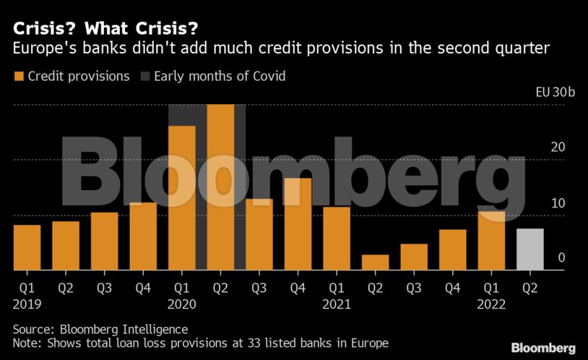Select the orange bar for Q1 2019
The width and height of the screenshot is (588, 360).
pos(27,247)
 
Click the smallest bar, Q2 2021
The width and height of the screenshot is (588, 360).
pos(375,262)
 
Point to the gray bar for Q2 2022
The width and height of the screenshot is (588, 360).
pos(529,249)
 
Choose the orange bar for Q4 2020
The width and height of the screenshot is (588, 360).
pos(298,224)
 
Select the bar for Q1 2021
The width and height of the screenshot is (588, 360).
pos(337,239)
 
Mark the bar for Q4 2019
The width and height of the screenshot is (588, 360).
pos(143,236)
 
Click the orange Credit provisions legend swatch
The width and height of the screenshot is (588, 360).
pos(18,76)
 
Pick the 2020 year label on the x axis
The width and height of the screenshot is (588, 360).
pos(181,304)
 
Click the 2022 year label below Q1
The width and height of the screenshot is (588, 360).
pos(491,304)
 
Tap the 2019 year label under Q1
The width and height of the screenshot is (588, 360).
pos(27,304)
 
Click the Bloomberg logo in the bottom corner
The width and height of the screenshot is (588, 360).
pos(543,348)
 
